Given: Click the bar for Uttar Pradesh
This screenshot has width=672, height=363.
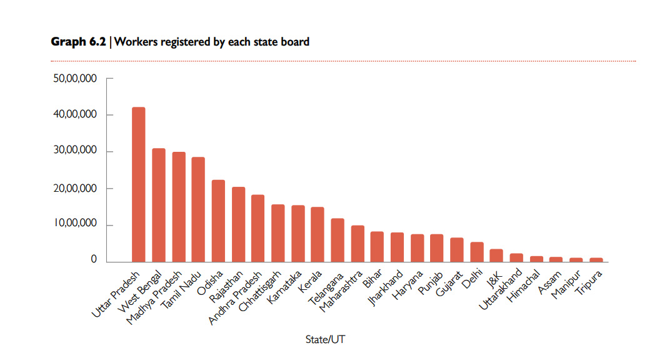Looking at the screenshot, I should (x=139, y=184).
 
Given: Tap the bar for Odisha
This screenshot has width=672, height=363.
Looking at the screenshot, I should (x=218, y=221).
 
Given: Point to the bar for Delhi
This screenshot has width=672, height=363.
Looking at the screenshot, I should (x=477, y=252).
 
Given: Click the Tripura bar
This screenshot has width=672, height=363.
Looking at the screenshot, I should (x=596, y=259).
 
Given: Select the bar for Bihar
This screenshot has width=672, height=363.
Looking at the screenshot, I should (x=377, y=247).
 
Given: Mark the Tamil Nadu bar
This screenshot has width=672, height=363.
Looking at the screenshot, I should (x=198, y=209).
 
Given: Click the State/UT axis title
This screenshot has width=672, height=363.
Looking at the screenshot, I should (x=324, y=339).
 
